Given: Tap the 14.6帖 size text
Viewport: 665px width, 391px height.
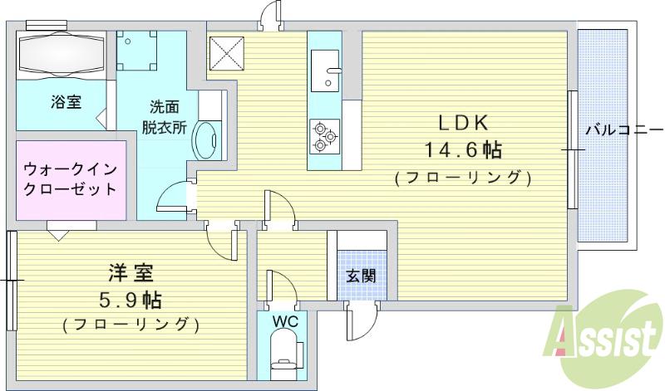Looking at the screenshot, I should point(463,150).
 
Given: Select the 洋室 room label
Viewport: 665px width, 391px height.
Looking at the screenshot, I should point(131,273).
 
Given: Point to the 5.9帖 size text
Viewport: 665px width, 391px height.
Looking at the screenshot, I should point(131,298).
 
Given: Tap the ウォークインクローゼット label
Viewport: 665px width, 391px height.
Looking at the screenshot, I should point(70,178).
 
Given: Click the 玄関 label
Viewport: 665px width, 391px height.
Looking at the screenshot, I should point(360,276).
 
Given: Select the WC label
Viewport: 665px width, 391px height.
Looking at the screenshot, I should point(282,319).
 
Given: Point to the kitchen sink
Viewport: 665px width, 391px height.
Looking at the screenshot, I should point(328,66).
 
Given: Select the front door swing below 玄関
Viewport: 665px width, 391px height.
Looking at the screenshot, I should point(359,322).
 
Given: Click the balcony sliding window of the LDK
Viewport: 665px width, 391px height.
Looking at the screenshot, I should point(571,149).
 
